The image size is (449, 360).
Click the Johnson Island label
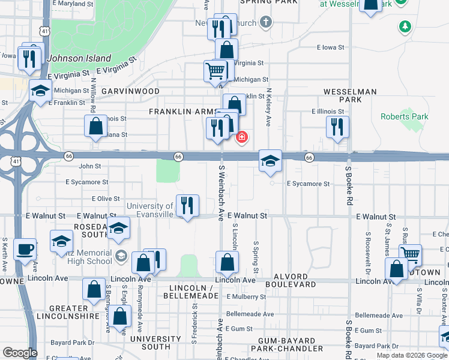click(x=79, y=59)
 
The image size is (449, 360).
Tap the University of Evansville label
click(x=150, y=211)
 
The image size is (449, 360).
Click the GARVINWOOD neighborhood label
click(x=130, y=91)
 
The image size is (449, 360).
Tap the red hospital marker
click(x=242, y=137)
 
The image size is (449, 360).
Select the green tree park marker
click(x=406, y=26)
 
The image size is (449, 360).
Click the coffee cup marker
click(x=25, y=249)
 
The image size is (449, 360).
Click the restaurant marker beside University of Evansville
click(x=187, y=206)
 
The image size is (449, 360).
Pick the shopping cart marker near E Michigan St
click(x=215, y=71)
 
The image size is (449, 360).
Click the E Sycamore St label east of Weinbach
click(x=308, y=184)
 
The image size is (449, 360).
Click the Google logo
click(x=20, y=353)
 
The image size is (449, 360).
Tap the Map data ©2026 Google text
click(x=412, y=355)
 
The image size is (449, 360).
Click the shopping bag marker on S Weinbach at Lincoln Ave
click(x=228, y=262)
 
